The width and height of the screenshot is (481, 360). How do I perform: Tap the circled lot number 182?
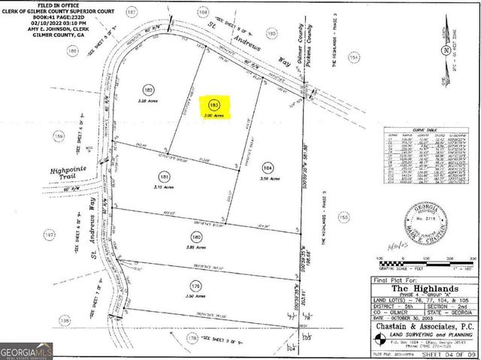(x=148, y=89)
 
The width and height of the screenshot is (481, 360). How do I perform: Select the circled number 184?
(x=268, y=167)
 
